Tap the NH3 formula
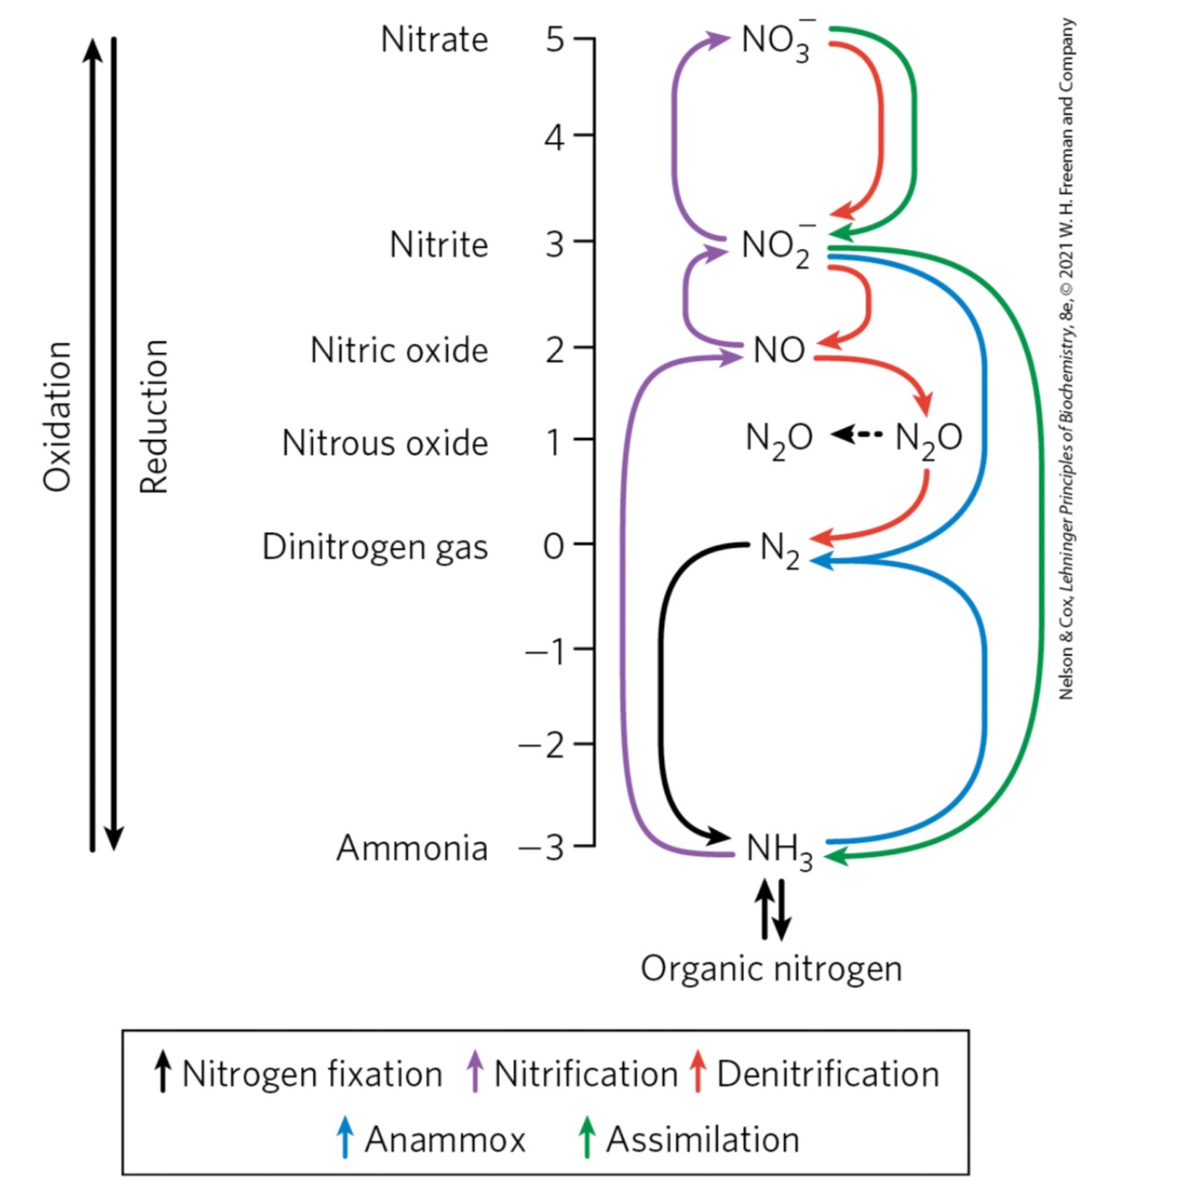point(779,849)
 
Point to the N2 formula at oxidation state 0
point(779,549)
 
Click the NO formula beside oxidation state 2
point(778,350)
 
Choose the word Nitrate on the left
point(434,40)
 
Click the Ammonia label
point(412,848)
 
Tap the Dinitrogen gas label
point(375,547)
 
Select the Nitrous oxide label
point(385,443)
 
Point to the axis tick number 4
point(555,138)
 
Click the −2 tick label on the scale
point(542,745)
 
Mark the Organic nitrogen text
point(771,969)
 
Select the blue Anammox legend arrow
point(345,1138)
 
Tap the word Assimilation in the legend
point(702,1140)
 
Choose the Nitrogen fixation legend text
point(312,1074)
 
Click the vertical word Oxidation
point(58,416)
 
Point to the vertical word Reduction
point(154,416)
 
